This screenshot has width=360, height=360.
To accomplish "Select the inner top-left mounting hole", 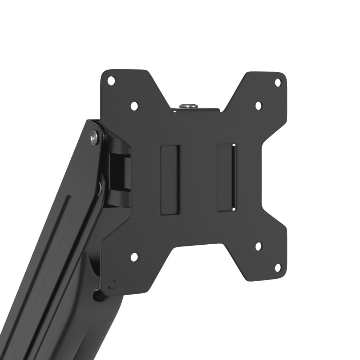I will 134,105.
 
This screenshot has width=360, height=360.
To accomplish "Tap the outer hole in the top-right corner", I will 277,82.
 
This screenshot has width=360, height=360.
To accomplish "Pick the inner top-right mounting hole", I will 258,105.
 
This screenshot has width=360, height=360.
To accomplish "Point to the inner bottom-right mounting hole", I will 258,246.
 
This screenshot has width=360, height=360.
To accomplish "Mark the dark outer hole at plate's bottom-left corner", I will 111,284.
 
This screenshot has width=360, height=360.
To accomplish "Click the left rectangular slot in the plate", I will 170,180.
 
